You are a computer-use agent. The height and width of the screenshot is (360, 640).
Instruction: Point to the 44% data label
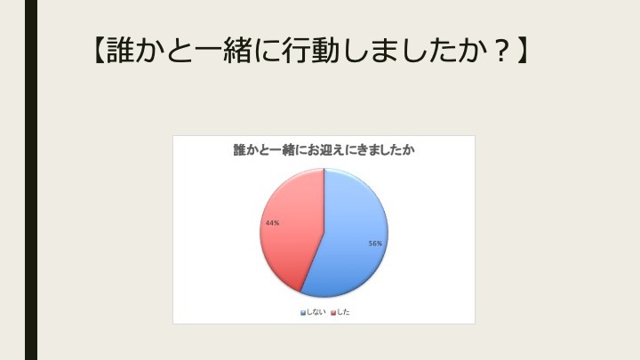click(272, 223)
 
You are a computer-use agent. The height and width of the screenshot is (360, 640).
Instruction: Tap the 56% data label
click(375, 244)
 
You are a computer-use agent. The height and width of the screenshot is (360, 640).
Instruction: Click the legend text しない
click(316, 312)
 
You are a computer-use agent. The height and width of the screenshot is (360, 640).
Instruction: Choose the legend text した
click(343, 312)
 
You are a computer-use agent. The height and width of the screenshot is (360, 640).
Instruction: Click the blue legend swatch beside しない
click(303, 313)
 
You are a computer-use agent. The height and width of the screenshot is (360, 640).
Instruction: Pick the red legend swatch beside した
click(333, 313)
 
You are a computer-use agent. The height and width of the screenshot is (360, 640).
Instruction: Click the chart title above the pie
click(324, 150)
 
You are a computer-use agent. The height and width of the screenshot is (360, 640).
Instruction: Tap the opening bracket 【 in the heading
click(98, 51)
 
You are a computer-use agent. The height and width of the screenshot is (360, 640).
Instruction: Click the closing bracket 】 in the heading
click(523, 51)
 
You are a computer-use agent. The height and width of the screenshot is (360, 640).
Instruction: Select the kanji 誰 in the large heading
click(120, 51)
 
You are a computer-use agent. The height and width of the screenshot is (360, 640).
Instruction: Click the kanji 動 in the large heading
click(324, 51)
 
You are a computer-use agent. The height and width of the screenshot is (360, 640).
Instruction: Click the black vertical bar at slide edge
click(31, 180)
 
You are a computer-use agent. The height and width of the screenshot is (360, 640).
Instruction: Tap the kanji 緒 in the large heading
click(237, 51)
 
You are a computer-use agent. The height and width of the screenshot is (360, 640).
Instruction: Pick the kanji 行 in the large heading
click(295, 51)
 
